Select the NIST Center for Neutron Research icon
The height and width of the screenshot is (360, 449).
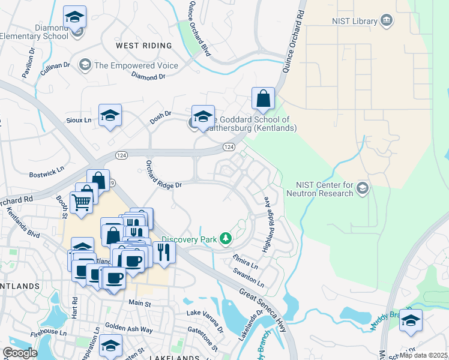[362, 189]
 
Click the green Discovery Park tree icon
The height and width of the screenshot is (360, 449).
[225, 239]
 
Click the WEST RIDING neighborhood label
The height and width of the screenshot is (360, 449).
[143, 46]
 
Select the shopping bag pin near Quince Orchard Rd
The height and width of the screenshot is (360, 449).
[263, 99]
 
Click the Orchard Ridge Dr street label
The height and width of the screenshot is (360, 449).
[163, 178]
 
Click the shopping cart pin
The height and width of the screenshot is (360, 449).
[81, 202]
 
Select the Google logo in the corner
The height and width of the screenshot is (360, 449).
[19, 353]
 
